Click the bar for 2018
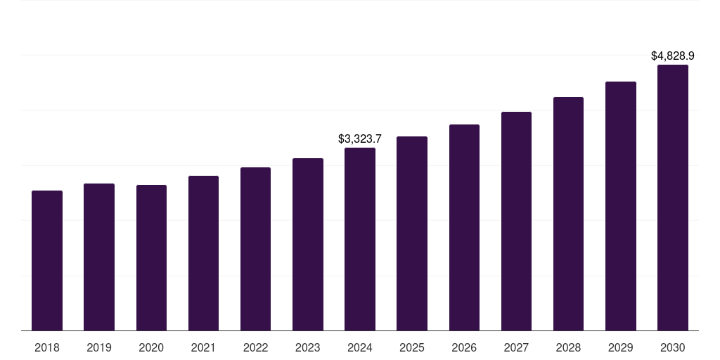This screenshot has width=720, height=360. tap(47, 260)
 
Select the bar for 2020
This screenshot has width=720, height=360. tap(151, 257)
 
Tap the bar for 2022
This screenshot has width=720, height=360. tap(255, 249)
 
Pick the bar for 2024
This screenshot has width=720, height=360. tap(360, 239)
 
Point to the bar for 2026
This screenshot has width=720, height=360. tap(464, 227)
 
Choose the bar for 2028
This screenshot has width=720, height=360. tap(568, 214)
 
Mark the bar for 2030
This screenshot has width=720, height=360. tap(673, 198)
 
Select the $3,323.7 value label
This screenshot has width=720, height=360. tap(360, 139)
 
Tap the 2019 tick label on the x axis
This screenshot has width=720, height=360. tap(99, 347)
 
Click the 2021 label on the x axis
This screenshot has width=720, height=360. tap(203, 347)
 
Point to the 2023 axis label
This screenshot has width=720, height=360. tap(308, 347)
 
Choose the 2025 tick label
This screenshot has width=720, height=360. tap(412, 347)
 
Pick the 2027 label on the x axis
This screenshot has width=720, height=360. tap(516, 347)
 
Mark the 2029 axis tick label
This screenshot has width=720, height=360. tap(621, 347)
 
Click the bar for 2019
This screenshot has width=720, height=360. tap(99, 257)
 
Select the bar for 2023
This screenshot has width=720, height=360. tap(308, 244)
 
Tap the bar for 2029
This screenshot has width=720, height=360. tap(621, 206)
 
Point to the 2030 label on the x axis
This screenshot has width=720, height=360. tap(673, 347)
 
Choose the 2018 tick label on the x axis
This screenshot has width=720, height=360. tap(47, 347)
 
